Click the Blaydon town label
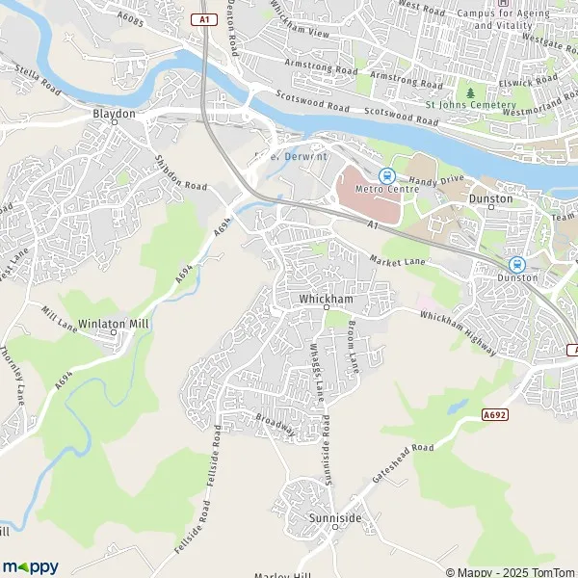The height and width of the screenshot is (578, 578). coord(114,113)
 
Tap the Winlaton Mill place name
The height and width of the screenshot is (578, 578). coord(114,325)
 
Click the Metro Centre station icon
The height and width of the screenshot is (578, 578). coord(386,175)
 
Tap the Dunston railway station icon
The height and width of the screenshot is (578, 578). coord(515,264)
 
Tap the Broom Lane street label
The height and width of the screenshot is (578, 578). coord(354,348)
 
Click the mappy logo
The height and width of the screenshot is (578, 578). coord(31,566)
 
